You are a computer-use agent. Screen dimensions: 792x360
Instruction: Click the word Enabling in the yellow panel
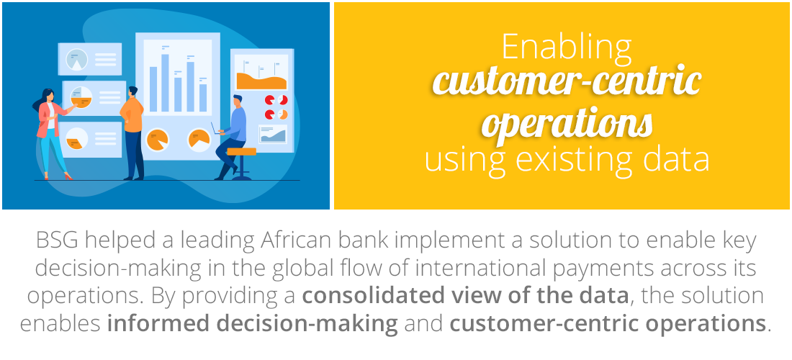pos(566,48)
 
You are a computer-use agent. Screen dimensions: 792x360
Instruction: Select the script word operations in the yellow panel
pos(567,122)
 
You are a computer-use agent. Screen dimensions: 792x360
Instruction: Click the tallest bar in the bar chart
pos(165,83)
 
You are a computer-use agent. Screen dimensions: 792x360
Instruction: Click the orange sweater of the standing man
pos(132,114)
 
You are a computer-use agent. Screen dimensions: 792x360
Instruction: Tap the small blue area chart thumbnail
pos(273,135)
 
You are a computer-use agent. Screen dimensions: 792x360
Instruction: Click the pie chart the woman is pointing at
pos(81,97)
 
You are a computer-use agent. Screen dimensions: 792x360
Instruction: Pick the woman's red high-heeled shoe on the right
pos(68,176)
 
